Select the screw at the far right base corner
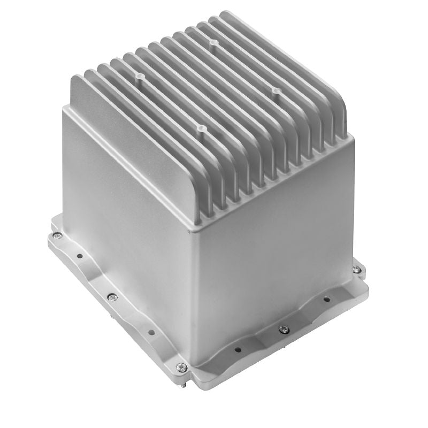click(356, 269)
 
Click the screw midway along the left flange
click(111, 297)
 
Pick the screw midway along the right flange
click(284, 329)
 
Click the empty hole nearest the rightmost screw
click(327, 300)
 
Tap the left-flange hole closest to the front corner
click(151, 332)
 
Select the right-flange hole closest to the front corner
click(238, 350)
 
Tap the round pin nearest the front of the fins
click(202, 129)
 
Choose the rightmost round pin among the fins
click(276, 92)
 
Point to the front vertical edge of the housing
click(195, 289)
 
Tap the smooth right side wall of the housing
click(278, 235)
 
